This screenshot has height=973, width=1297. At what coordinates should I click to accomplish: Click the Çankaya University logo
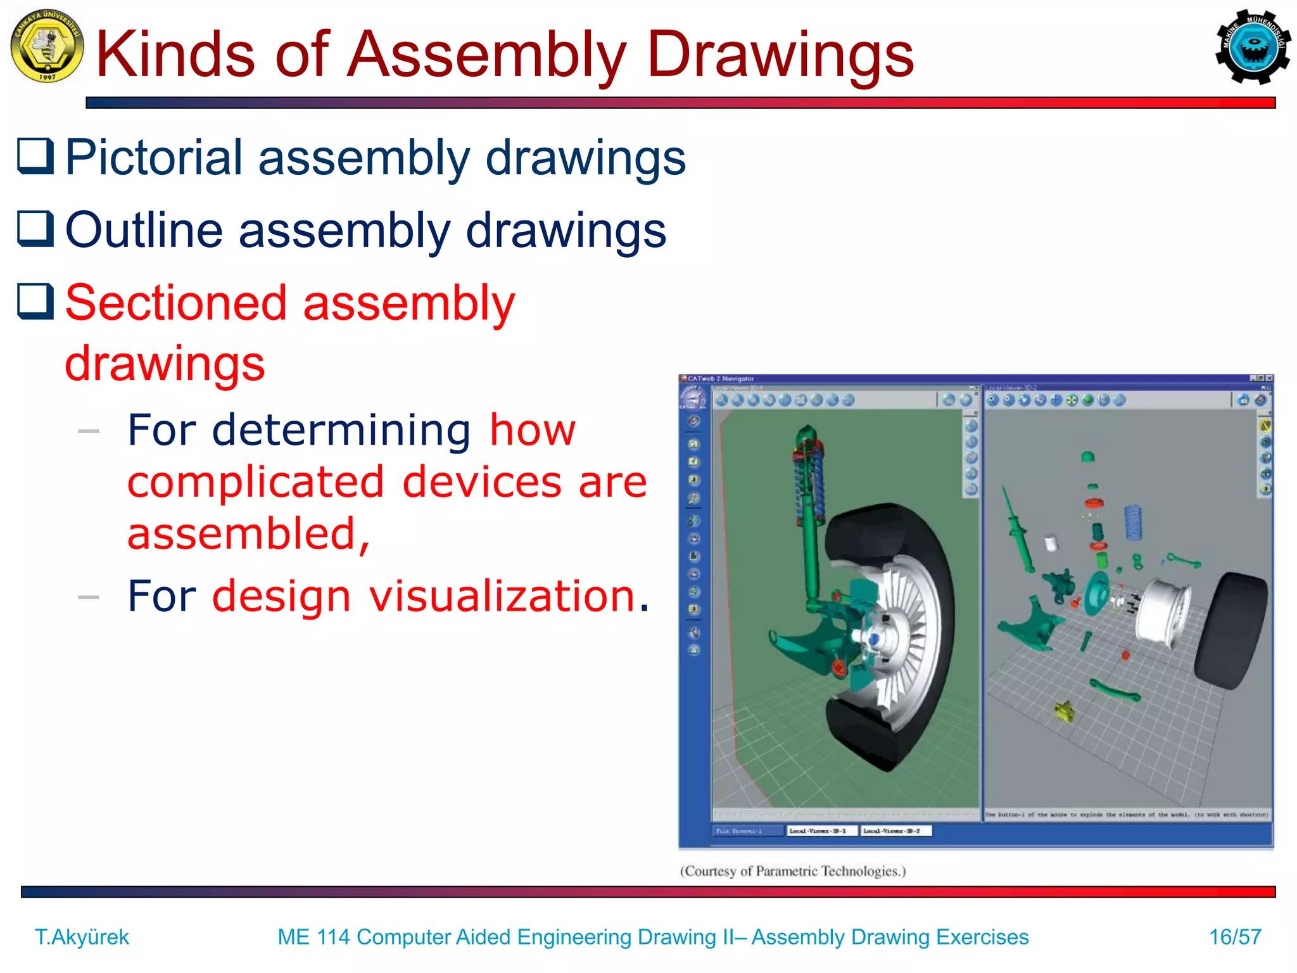pos(47,46)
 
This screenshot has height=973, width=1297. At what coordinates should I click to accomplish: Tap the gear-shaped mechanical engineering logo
pos(1252,47)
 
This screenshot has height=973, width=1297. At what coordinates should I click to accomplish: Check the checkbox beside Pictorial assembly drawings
pos(35,156)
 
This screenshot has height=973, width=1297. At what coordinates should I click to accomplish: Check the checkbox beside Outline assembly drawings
pos(35,229)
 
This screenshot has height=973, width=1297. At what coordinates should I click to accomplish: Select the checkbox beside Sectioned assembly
pos(35,302)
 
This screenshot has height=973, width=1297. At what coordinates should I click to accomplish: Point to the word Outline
pos(144,229)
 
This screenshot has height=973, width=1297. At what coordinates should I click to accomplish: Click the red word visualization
pos(503,596)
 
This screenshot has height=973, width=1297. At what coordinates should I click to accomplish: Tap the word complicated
pos(256,482)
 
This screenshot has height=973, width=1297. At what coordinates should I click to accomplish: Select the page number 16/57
pos(1234,936)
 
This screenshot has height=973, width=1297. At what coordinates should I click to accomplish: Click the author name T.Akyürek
pos(82,936)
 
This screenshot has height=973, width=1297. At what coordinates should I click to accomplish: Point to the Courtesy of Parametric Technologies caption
pos(793,871)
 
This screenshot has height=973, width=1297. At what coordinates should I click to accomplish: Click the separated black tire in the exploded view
pos(1230,630)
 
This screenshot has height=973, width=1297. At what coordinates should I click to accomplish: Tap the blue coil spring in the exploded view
pos(1133,522)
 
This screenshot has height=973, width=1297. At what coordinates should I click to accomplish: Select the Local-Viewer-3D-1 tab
pos(821,830)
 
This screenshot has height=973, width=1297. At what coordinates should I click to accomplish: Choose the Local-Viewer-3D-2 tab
pos(895,830)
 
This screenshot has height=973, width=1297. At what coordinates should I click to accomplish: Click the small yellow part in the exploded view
pos(1065,711)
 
